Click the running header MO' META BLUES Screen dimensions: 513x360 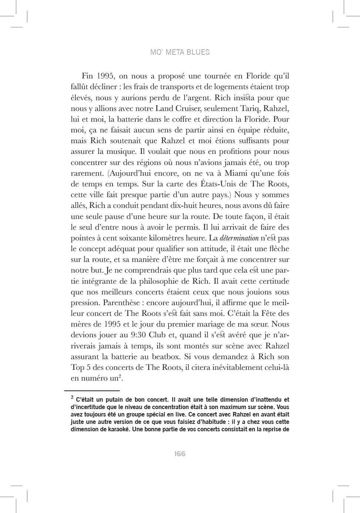[180, 52]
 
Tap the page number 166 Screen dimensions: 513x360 [180, 454]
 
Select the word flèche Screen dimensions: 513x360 [279, 249]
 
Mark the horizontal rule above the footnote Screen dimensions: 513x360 [92, 390]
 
